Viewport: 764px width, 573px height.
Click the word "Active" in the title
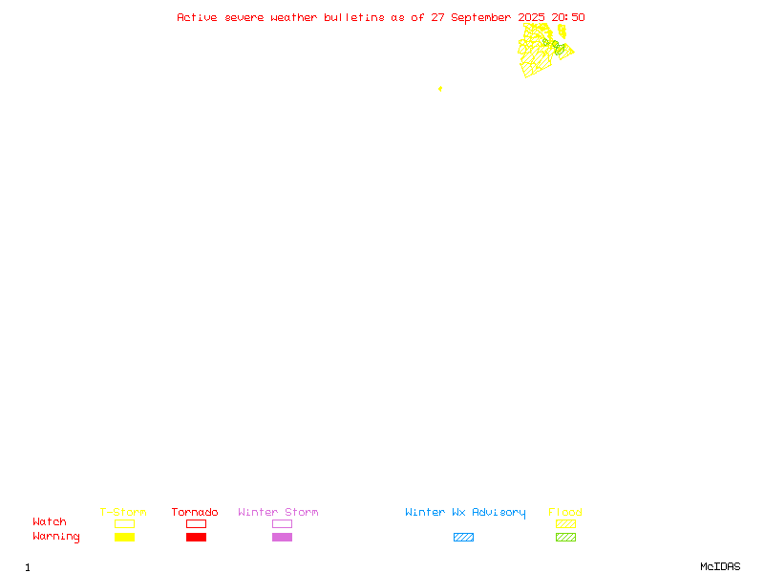[197, 17]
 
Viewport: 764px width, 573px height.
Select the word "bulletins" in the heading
[354, 17]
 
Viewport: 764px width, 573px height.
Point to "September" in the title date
[481, 18]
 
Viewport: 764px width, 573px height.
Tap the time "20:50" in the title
[568, 17]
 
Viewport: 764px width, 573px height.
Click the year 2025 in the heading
[531, 17]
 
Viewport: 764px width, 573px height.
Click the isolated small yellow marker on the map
[440, 89]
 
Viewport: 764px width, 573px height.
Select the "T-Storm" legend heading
[123, 512]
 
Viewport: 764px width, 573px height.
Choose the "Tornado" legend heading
[195, 512]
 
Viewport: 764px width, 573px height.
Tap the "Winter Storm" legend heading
[278, 512]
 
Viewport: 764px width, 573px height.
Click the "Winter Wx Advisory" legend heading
[465, 513]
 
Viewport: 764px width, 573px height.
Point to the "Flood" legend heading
[565, 512]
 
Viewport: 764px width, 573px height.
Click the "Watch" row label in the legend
[50, 521]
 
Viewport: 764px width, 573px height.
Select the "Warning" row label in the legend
[56, 537]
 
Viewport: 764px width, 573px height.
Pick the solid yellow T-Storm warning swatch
[125, 537]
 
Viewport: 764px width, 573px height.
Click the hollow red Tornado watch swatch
[197, 523]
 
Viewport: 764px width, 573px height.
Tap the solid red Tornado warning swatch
[197, 537]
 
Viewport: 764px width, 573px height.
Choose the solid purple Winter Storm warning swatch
[282, 537]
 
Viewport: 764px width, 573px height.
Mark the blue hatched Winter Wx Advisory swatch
[463, 537]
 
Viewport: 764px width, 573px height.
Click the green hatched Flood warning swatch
[565, 537]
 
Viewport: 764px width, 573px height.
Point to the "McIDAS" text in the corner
[720, 566]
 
